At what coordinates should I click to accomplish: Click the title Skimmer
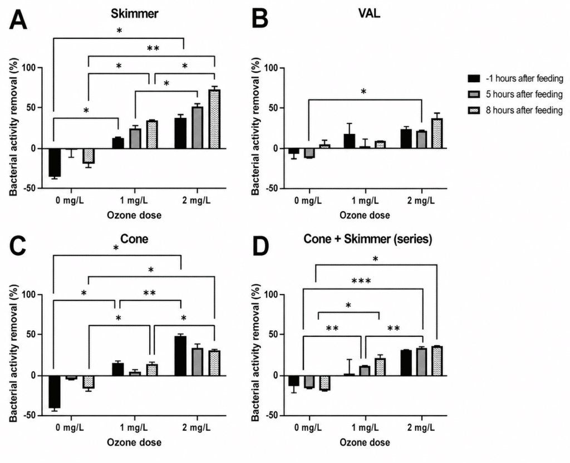click(135, 13)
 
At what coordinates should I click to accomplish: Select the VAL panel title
click(369, 13)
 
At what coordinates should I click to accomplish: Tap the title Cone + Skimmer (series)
click(368, 239)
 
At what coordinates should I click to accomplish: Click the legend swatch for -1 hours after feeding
click(474, 78)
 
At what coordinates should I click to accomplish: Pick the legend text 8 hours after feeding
click(524, 110)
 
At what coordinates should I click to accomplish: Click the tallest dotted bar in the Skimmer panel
click(214, 119)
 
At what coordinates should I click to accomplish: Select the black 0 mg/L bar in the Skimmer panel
click(55, 162)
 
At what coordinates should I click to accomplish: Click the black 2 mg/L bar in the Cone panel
click(180, 356)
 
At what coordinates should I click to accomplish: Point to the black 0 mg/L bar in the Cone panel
click(55, 392)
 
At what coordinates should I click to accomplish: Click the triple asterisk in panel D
click(361, 281)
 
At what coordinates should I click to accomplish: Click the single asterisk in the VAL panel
click(363, 92)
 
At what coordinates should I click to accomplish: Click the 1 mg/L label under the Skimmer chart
click(134, 200)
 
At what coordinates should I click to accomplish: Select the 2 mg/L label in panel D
click(421, 427)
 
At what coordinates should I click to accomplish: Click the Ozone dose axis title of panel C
click(134, 442)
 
